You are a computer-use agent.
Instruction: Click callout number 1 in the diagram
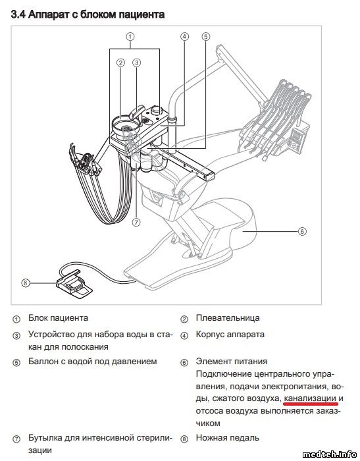130,37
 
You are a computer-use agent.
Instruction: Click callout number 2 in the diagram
120,63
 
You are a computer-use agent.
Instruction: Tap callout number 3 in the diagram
137,63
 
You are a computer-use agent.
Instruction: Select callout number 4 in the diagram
184,37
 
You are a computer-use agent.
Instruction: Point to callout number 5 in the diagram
206,37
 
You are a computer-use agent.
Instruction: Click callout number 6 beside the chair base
302,231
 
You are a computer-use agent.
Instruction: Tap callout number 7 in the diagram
136,223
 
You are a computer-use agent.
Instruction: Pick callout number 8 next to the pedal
26,283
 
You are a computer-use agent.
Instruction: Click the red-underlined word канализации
310,398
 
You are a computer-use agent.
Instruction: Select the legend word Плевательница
228,318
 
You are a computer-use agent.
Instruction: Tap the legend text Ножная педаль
228,438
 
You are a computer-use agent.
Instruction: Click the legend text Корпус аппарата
230,335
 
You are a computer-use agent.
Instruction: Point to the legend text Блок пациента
58,318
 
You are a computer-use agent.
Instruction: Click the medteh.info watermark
329,454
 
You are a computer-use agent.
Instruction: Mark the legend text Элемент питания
232,361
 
